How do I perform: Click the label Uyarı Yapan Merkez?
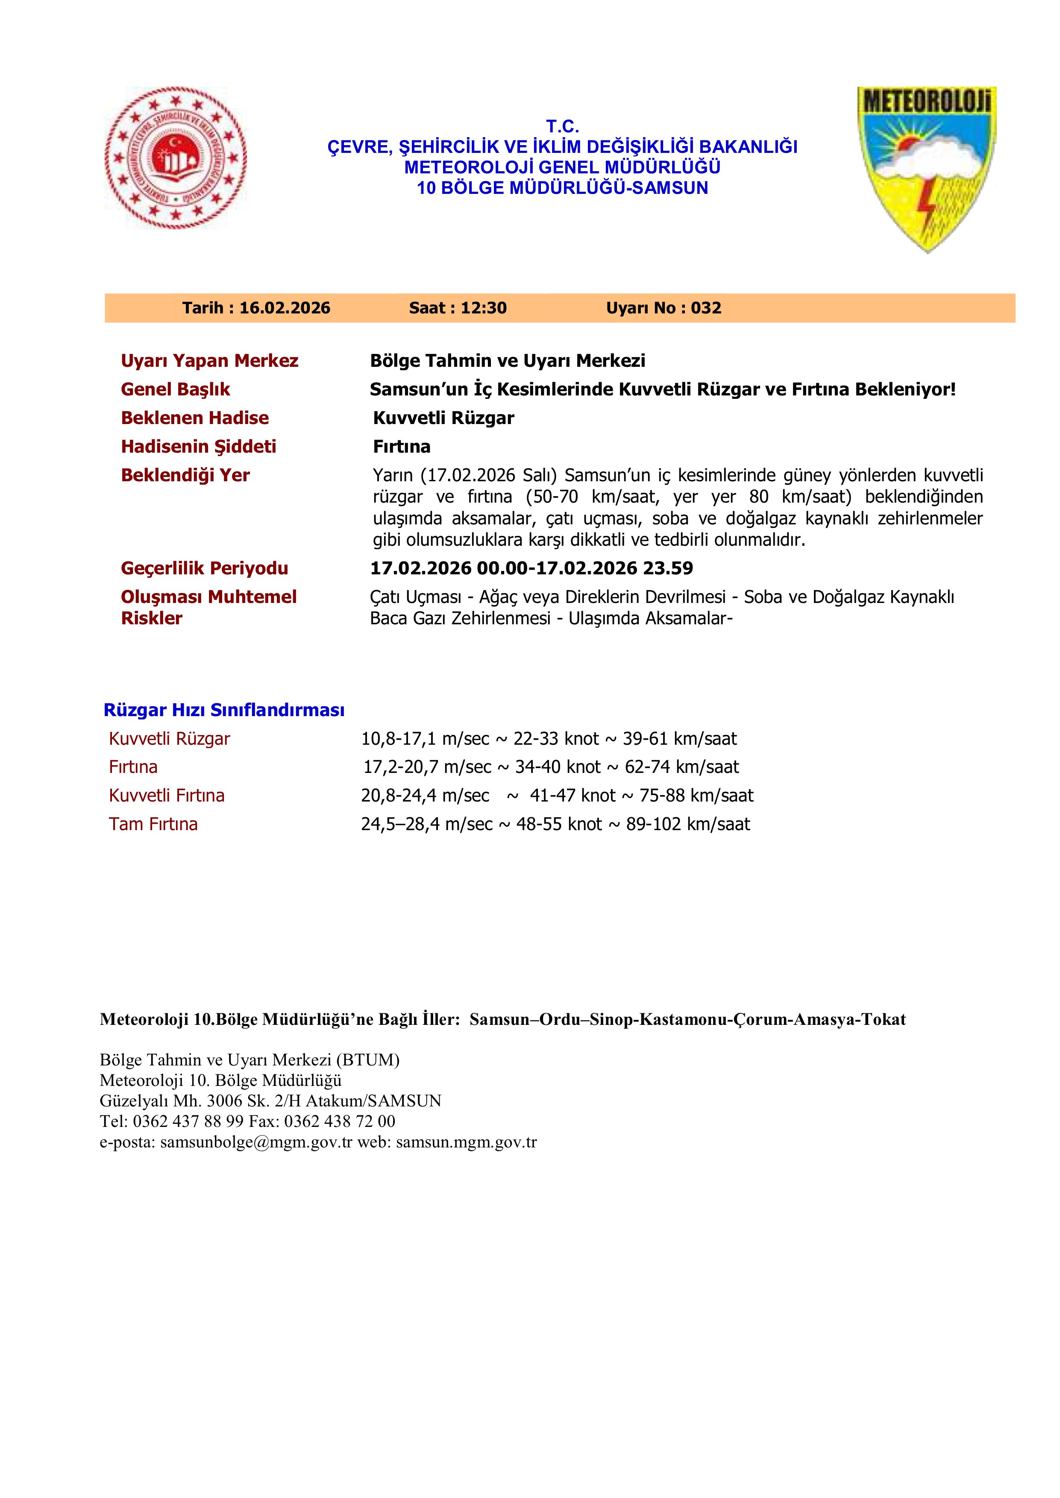point(209,361)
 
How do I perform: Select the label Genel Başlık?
point(176,389)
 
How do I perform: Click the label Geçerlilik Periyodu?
point(204,568)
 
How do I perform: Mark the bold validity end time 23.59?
point(668,568)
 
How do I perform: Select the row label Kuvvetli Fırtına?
point(167,795)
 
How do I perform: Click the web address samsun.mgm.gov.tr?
point(466,1142)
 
